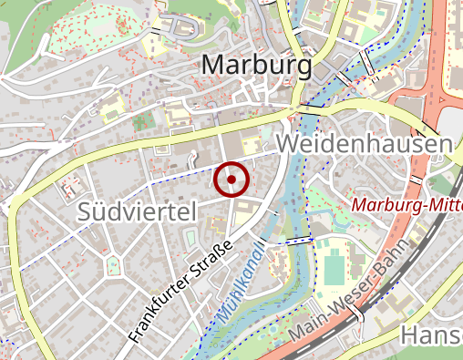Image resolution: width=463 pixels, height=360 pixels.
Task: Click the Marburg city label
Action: (256, 66)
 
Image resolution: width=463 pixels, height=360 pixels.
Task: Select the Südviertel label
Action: (137, 212)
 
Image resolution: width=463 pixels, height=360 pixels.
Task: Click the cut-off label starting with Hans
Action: (427, 335)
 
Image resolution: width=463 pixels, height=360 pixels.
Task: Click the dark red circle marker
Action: (231, 180)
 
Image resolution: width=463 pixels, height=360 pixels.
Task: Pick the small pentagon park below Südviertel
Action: (113, 266)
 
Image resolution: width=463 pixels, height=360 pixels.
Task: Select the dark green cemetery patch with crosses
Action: (140, 122)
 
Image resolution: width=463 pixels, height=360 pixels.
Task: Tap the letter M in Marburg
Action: (213, 66)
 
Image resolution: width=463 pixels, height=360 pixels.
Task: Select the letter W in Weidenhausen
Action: (288, 145)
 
